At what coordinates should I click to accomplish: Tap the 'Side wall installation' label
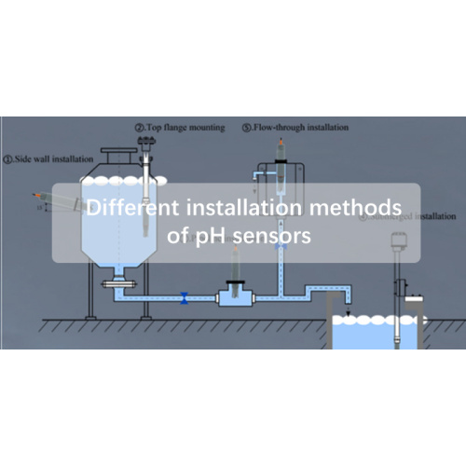pos(47,158)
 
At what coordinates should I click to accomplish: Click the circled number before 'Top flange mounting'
pos(138,127)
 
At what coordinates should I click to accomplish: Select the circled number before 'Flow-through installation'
pos(246,127)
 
